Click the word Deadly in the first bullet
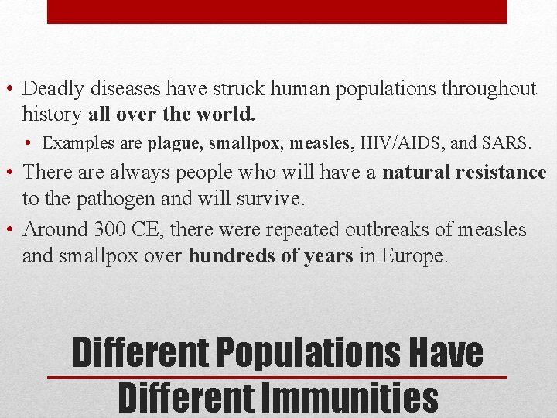click(x=57, y=89)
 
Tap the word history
click(x=53, y=115)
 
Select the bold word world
click(x=231, y=115)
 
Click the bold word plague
click(x=175, y=143)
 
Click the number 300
click(x=110, y=230)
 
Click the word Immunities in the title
click(x=349, y=397)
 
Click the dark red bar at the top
click(x=277, y=12)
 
